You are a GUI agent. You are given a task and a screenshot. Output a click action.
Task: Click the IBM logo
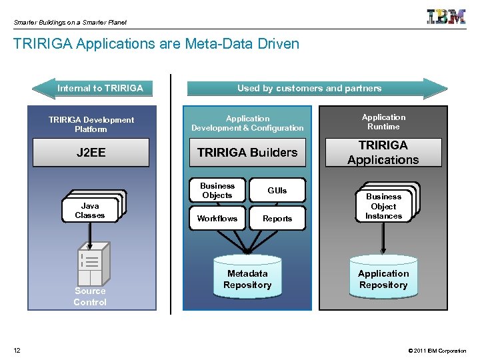click(x=446, y=17)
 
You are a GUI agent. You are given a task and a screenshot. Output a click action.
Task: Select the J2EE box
click(x=91, y=152)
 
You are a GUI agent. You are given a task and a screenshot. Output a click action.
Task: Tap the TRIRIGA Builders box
click(x=247, y=152)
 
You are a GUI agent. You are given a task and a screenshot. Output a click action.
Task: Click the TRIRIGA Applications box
click(x=383, y=152)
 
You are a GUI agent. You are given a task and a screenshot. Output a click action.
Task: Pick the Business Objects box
click(x=217, y=191)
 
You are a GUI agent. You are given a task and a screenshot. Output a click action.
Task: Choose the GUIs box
click(x=277, y=191)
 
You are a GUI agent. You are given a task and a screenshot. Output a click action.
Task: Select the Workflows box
click(x=217, y=219)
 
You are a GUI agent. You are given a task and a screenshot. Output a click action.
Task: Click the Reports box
click(x=277, y=219)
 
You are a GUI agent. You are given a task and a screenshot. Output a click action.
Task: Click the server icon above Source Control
click(x=91, y=264)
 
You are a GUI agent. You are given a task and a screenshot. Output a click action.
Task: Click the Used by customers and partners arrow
click(x=310, y=88)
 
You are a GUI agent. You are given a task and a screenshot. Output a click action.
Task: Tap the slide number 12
click(x=17, y=351)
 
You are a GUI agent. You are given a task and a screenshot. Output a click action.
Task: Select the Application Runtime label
click(x=383, y=122)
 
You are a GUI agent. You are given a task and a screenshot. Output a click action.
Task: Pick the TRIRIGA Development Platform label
click(x=91, y=124)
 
